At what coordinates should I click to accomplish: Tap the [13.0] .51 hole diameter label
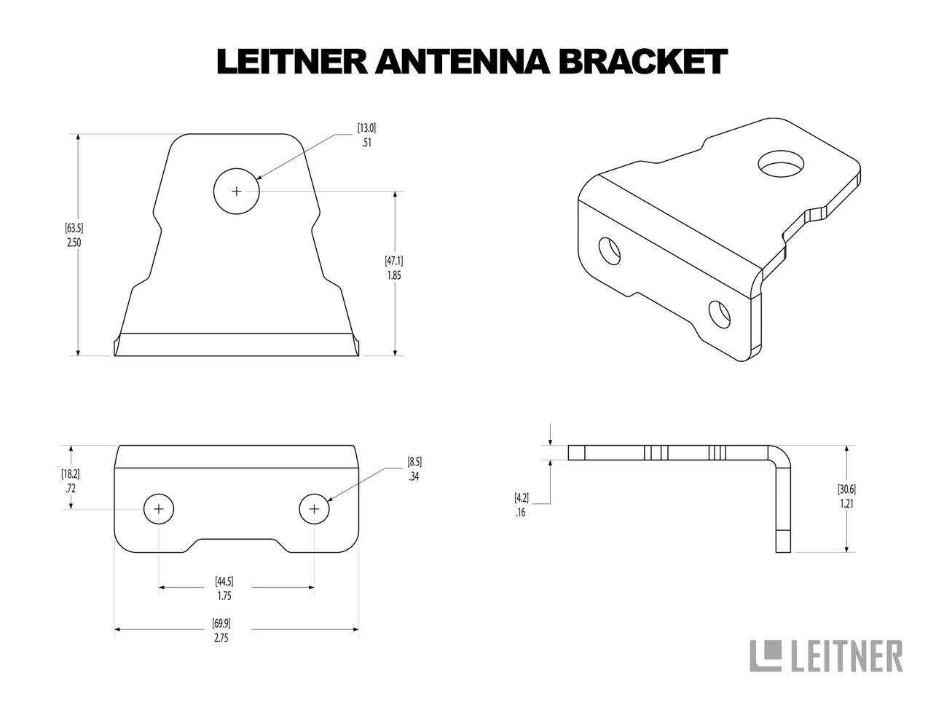click(366, 135)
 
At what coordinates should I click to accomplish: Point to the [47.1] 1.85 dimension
click(394, 267)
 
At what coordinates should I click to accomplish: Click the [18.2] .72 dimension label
click(71, 481)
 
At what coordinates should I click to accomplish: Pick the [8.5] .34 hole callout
click(414, 469)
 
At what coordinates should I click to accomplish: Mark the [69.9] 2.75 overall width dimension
click(222, 630)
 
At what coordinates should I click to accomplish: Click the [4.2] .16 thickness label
click(522, 505)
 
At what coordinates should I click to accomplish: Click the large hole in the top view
click(236, 192)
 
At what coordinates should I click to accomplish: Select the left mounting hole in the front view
click(159, 509)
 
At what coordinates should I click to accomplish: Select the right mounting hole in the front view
click(315, 509)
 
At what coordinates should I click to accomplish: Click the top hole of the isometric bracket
click(780, 165)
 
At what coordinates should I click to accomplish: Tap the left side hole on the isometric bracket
click(608, 251)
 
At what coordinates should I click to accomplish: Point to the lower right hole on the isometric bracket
click(720, 313)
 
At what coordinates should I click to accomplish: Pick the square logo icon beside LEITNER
click(766, 655)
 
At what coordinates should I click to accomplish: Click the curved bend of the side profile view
click(779, 457)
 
